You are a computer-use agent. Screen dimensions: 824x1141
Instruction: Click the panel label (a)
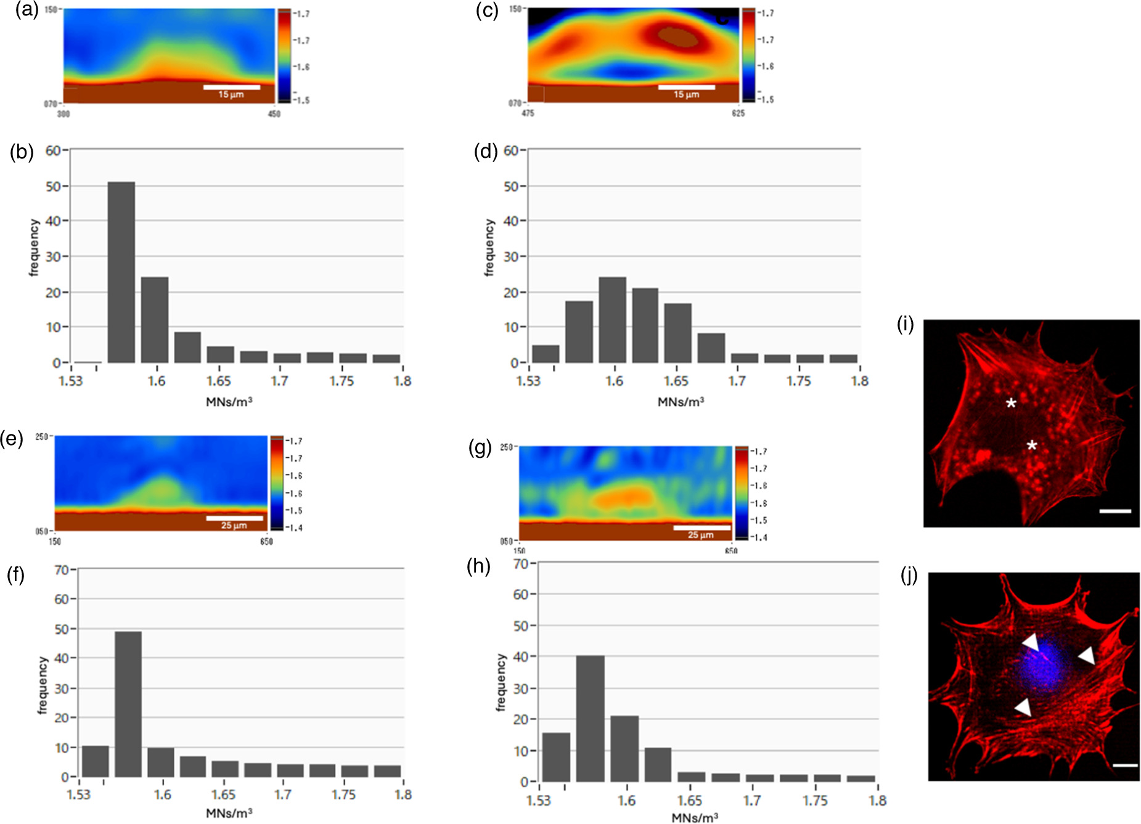tap(27, 10)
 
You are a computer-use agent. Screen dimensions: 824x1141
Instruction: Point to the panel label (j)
tap(909, 575)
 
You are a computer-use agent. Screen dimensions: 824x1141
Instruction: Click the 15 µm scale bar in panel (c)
tap(686, 87)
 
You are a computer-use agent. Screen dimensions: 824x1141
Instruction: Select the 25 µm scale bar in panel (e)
tap(234, 518)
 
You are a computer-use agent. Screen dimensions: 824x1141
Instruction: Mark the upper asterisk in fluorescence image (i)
tap(1011, 404)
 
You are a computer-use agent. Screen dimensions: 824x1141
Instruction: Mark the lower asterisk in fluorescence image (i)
tap(1032, 446)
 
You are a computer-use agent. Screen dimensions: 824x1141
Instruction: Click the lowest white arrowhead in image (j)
tap(1024, 707)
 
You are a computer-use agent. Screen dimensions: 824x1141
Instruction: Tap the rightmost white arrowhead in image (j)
tap(1087, 655)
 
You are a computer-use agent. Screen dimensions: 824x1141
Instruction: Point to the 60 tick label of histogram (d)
tap(510, 150)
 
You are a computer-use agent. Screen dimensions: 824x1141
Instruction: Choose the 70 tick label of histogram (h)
tap(521, 563)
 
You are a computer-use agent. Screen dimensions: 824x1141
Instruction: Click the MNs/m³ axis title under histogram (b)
tap(229, 402)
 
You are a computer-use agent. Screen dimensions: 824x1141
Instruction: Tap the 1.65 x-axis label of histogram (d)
tap(676, 381)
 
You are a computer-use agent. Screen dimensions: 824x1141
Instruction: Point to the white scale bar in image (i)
tap(1114, 511)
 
